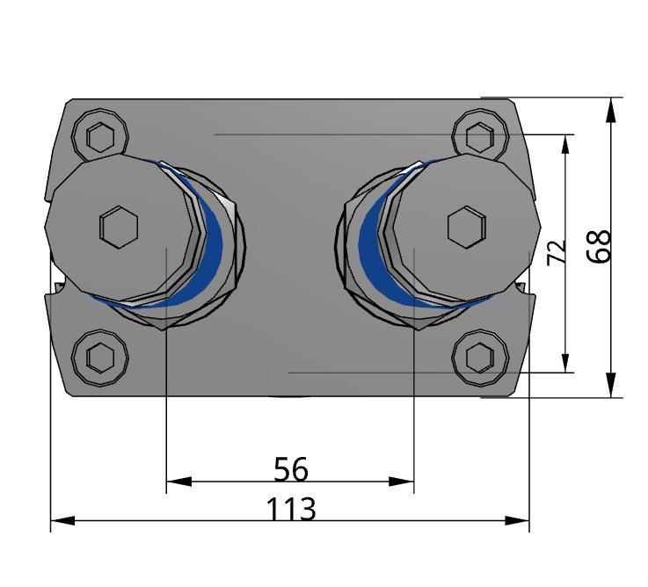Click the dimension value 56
(x=291, y=470)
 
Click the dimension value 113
(x=291, y=510)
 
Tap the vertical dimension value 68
(x=601, y=247)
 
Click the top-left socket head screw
(x=101, y=137)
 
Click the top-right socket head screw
(x=479, y=137)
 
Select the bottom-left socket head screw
(x=101, y=358)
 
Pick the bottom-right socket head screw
(x=479, y=358)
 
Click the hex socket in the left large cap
(x=119, y=228)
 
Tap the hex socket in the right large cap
(x=466, y=228)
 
